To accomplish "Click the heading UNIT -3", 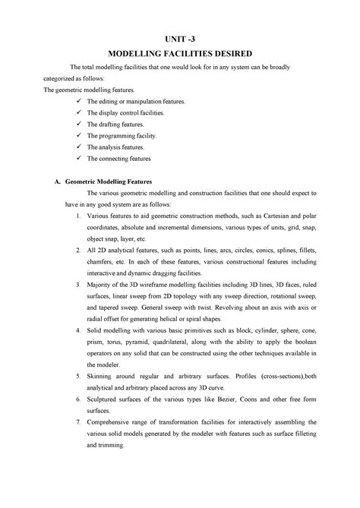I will [x=180, y=39].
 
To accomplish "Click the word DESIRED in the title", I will [x=232, y=54].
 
